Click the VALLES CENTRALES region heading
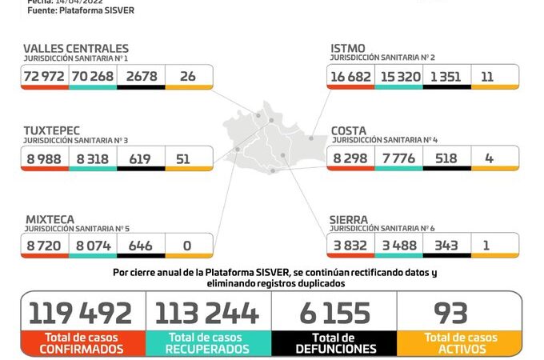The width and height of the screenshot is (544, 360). [75, 49]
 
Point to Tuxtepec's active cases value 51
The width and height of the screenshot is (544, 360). [182, 158]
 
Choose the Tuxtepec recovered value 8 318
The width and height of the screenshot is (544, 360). [91, 158]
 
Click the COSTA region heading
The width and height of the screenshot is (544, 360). [350, 130]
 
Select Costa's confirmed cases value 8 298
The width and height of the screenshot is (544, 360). [350, 158]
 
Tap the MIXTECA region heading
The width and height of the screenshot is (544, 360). [49, 218]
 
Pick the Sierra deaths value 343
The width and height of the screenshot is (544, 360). [446, 246]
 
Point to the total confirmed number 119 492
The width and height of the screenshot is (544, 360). [81, 312]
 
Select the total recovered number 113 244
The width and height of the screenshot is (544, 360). [206, 312]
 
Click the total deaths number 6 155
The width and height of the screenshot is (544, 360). [334, 312]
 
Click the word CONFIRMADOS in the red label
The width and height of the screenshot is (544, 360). [82, 349]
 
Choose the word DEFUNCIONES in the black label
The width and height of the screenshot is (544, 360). [334, 349]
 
